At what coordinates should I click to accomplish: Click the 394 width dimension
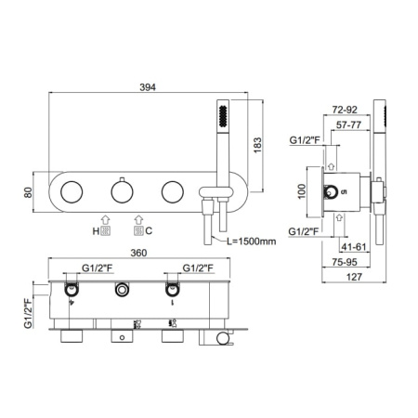(x=148, y=87)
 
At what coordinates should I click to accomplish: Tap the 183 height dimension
(x=257, y=145)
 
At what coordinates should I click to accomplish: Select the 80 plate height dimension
(x=28, y=192)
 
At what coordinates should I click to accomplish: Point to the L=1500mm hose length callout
(x=252, y=242)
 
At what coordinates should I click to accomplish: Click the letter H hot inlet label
(x=96, y=231)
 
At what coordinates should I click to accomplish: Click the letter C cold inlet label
(x=149, y=231)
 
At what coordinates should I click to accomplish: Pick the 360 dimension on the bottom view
(x=138, y=253)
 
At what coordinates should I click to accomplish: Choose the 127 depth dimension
(x=354, y=277)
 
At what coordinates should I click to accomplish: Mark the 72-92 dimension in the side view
(x=345, y=110)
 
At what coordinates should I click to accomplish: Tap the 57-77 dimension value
(x=348, y=124)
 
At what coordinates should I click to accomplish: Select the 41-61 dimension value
(x=353, y=247)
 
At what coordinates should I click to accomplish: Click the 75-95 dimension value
(x=345, y=262)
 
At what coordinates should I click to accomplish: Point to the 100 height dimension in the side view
(x=301, y=191)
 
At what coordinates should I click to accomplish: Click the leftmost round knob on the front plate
(x=72, y=192)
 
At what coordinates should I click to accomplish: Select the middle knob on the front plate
(x=122, y=191)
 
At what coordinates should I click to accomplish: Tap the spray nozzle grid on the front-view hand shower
(x=223, y=116)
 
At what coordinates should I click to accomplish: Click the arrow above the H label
(x=105, y=220)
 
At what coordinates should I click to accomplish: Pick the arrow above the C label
(x=138, y=220)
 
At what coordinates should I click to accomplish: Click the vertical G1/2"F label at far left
(x=28, y=313)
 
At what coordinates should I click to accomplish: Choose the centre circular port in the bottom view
(x=122, y=290)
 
